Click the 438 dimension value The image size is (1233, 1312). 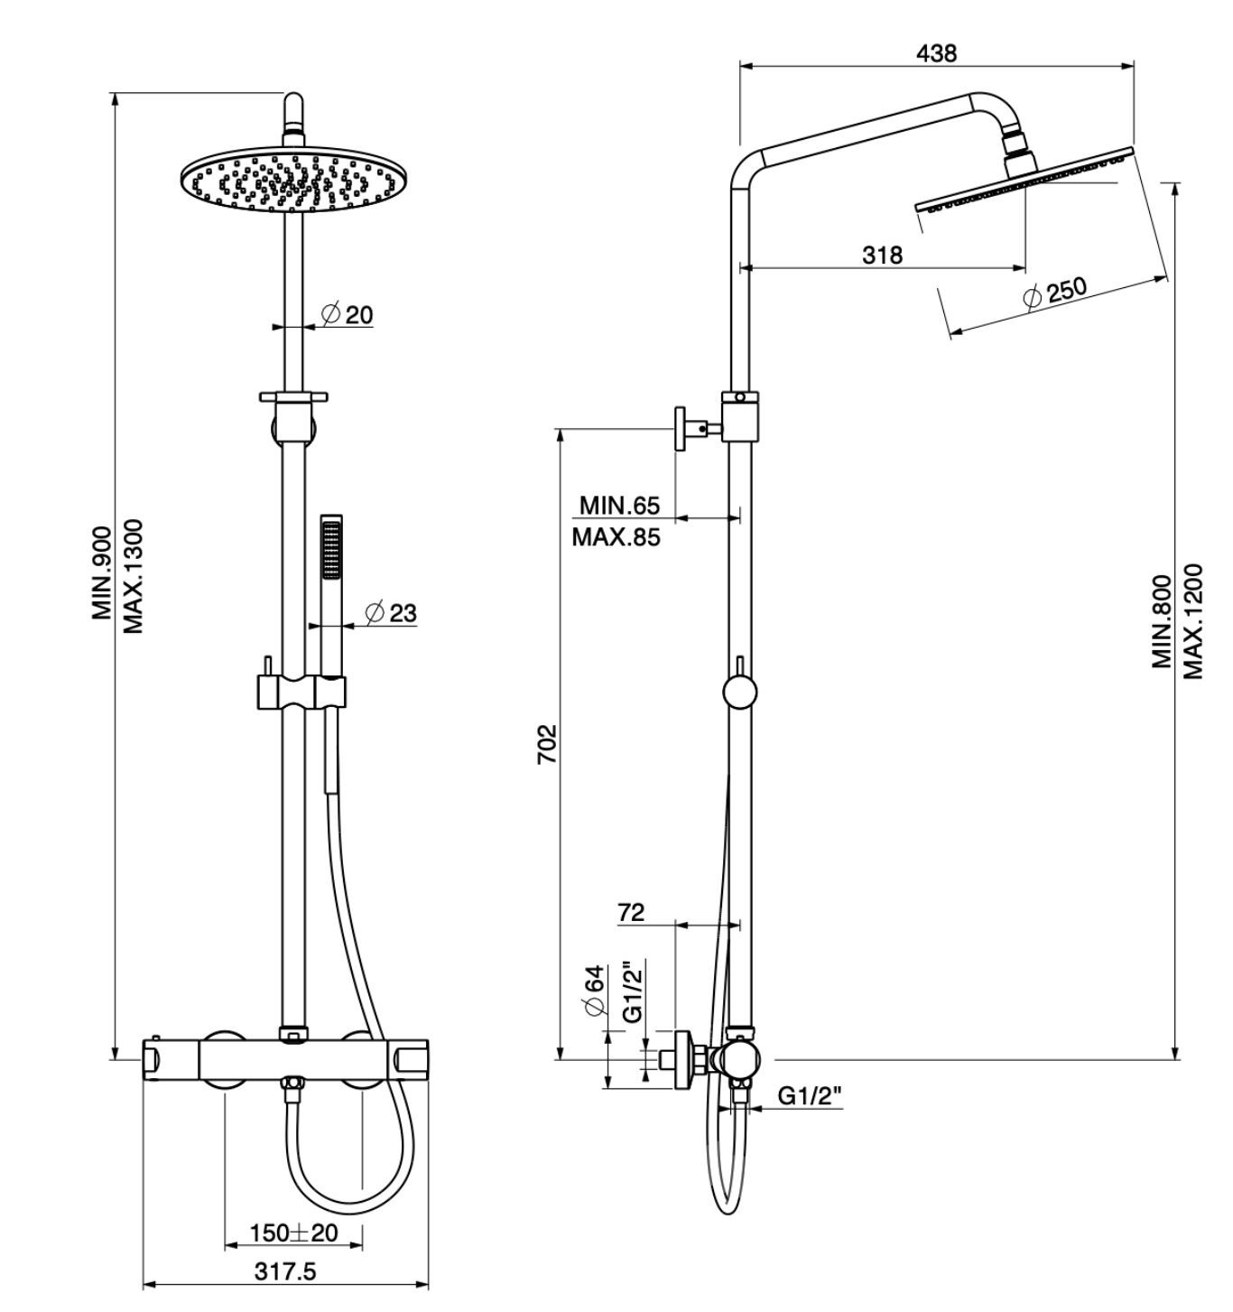[x=936, y=53]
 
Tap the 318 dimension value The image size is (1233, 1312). [x=882, y=256]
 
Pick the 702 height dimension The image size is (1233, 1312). [x=548, y=743]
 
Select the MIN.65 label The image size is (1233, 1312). [x=619, y=504]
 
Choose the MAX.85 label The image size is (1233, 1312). [x=616, y=537]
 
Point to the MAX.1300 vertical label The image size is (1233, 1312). [x=134, y=576]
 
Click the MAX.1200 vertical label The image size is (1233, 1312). [x=1194, y=621]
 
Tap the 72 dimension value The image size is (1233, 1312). [x=631, y=912]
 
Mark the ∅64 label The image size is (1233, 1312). [x=594, y=991]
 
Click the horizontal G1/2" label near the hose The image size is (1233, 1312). [x=810, y=1096]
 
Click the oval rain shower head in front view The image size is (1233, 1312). [x=292, y=179]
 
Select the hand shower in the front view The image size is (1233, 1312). [x=332, y=596]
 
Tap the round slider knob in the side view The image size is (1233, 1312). [x=740, y=693]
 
